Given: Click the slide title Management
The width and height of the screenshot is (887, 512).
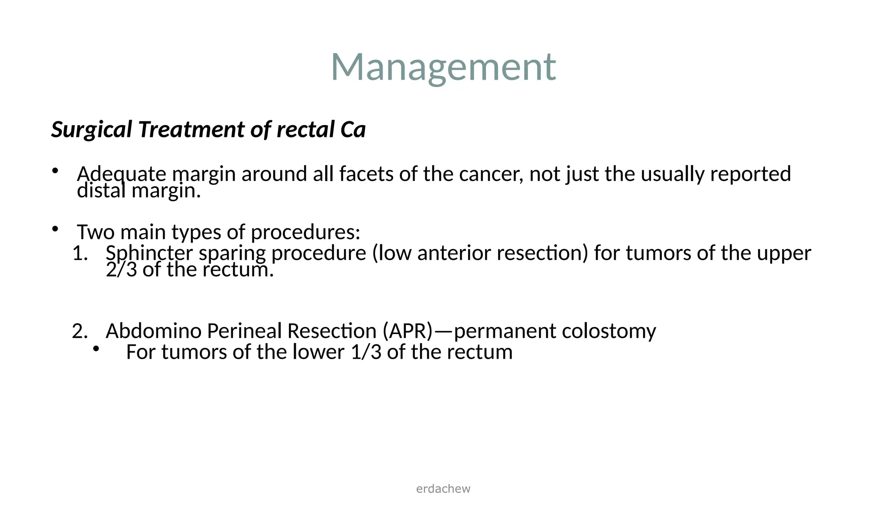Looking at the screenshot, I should [443, 67].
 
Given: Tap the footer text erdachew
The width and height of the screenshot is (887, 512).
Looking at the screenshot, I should [443, 489].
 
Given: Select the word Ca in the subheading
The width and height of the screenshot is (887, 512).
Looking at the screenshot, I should [353, 130].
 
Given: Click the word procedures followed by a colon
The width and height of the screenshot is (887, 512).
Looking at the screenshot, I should [305, 232].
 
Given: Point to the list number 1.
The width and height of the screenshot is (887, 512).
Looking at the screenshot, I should [79, 253].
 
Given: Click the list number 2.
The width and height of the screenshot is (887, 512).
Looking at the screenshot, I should [79, 331].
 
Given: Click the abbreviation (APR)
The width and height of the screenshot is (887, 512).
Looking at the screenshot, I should [408, 331].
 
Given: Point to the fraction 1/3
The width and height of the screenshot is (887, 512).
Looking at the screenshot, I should [366, 352].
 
